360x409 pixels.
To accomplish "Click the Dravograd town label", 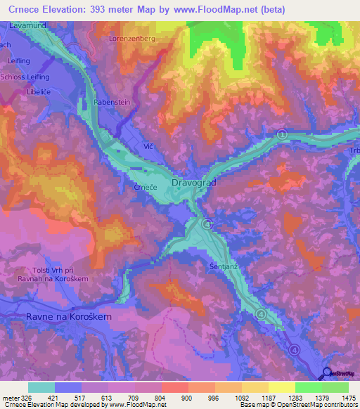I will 193,183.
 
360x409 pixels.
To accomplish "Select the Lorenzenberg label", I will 131,39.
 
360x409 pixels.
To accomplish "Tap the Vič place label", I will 148,145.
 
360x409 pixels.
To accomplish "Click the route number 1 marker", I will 281,134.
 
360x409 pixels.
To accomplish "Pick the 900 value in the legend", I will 188,398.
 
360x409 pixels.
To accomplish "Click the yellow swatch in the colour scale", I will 281,387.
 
